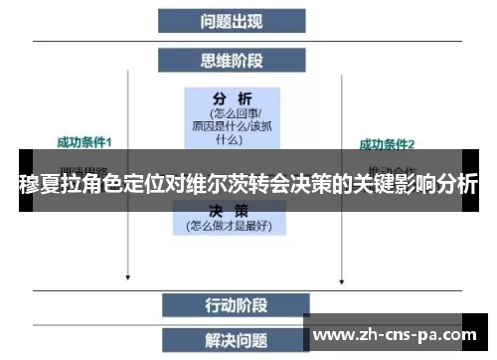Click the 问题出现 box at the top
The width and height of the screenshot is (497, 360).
[x=232, y=20]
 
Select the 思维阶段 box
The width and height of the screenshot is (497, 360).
[x=232, y=62]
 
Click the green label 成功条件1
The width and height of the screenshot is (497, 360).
[x=84, y=142]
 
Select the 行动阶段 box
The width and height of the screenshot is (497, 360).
[x=232, y=302]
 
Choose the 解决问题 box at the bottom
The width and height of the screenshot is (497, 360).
[x=232, y=340]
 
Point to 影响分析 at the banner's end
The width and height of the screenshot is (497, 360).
[x=437, y=185]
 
